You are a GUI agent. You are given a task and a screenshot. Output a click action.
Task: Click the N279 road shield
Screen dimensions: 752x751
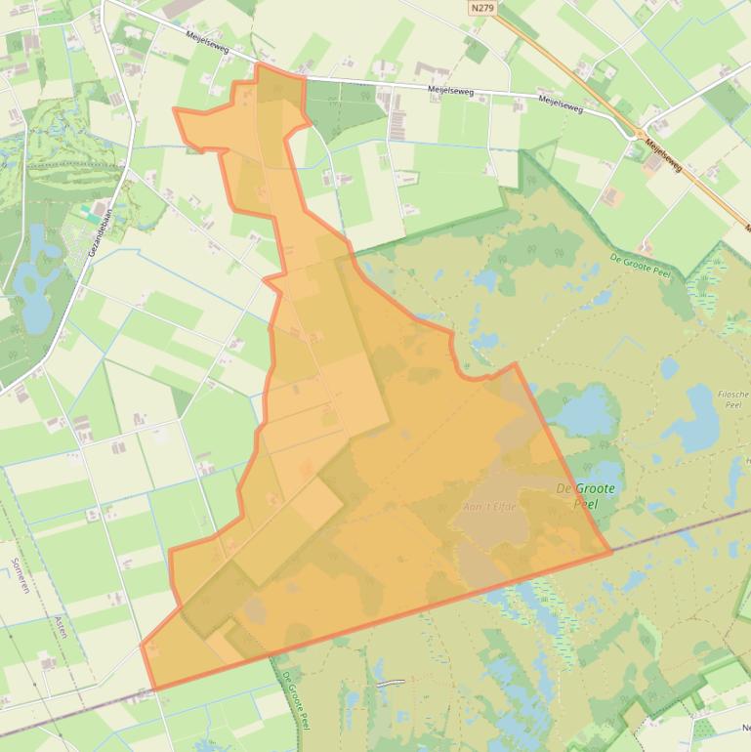480,8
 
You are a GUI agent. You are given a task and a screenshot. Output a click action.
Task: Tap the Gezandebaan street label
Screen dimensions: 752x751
100,231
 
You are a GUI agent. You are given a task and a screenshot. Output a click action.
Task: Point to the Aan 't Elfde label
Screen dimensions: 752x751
489,507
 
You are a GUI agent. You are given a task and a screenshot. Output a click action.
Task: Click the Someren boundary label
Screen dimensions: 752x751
22,588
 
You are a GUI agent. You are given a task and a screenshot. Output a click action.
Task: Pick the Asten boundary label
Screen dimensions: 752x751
62,626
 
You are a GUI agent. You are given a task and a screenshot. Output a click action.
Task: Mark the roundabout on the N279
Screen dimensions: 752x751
639,133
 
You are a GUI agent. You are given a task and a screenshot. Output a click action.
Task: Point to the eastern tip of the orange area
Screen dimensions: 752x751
611,552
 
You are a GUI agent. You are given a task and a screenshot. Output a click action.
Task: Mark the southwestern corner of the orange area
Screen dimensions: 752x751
153,688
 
